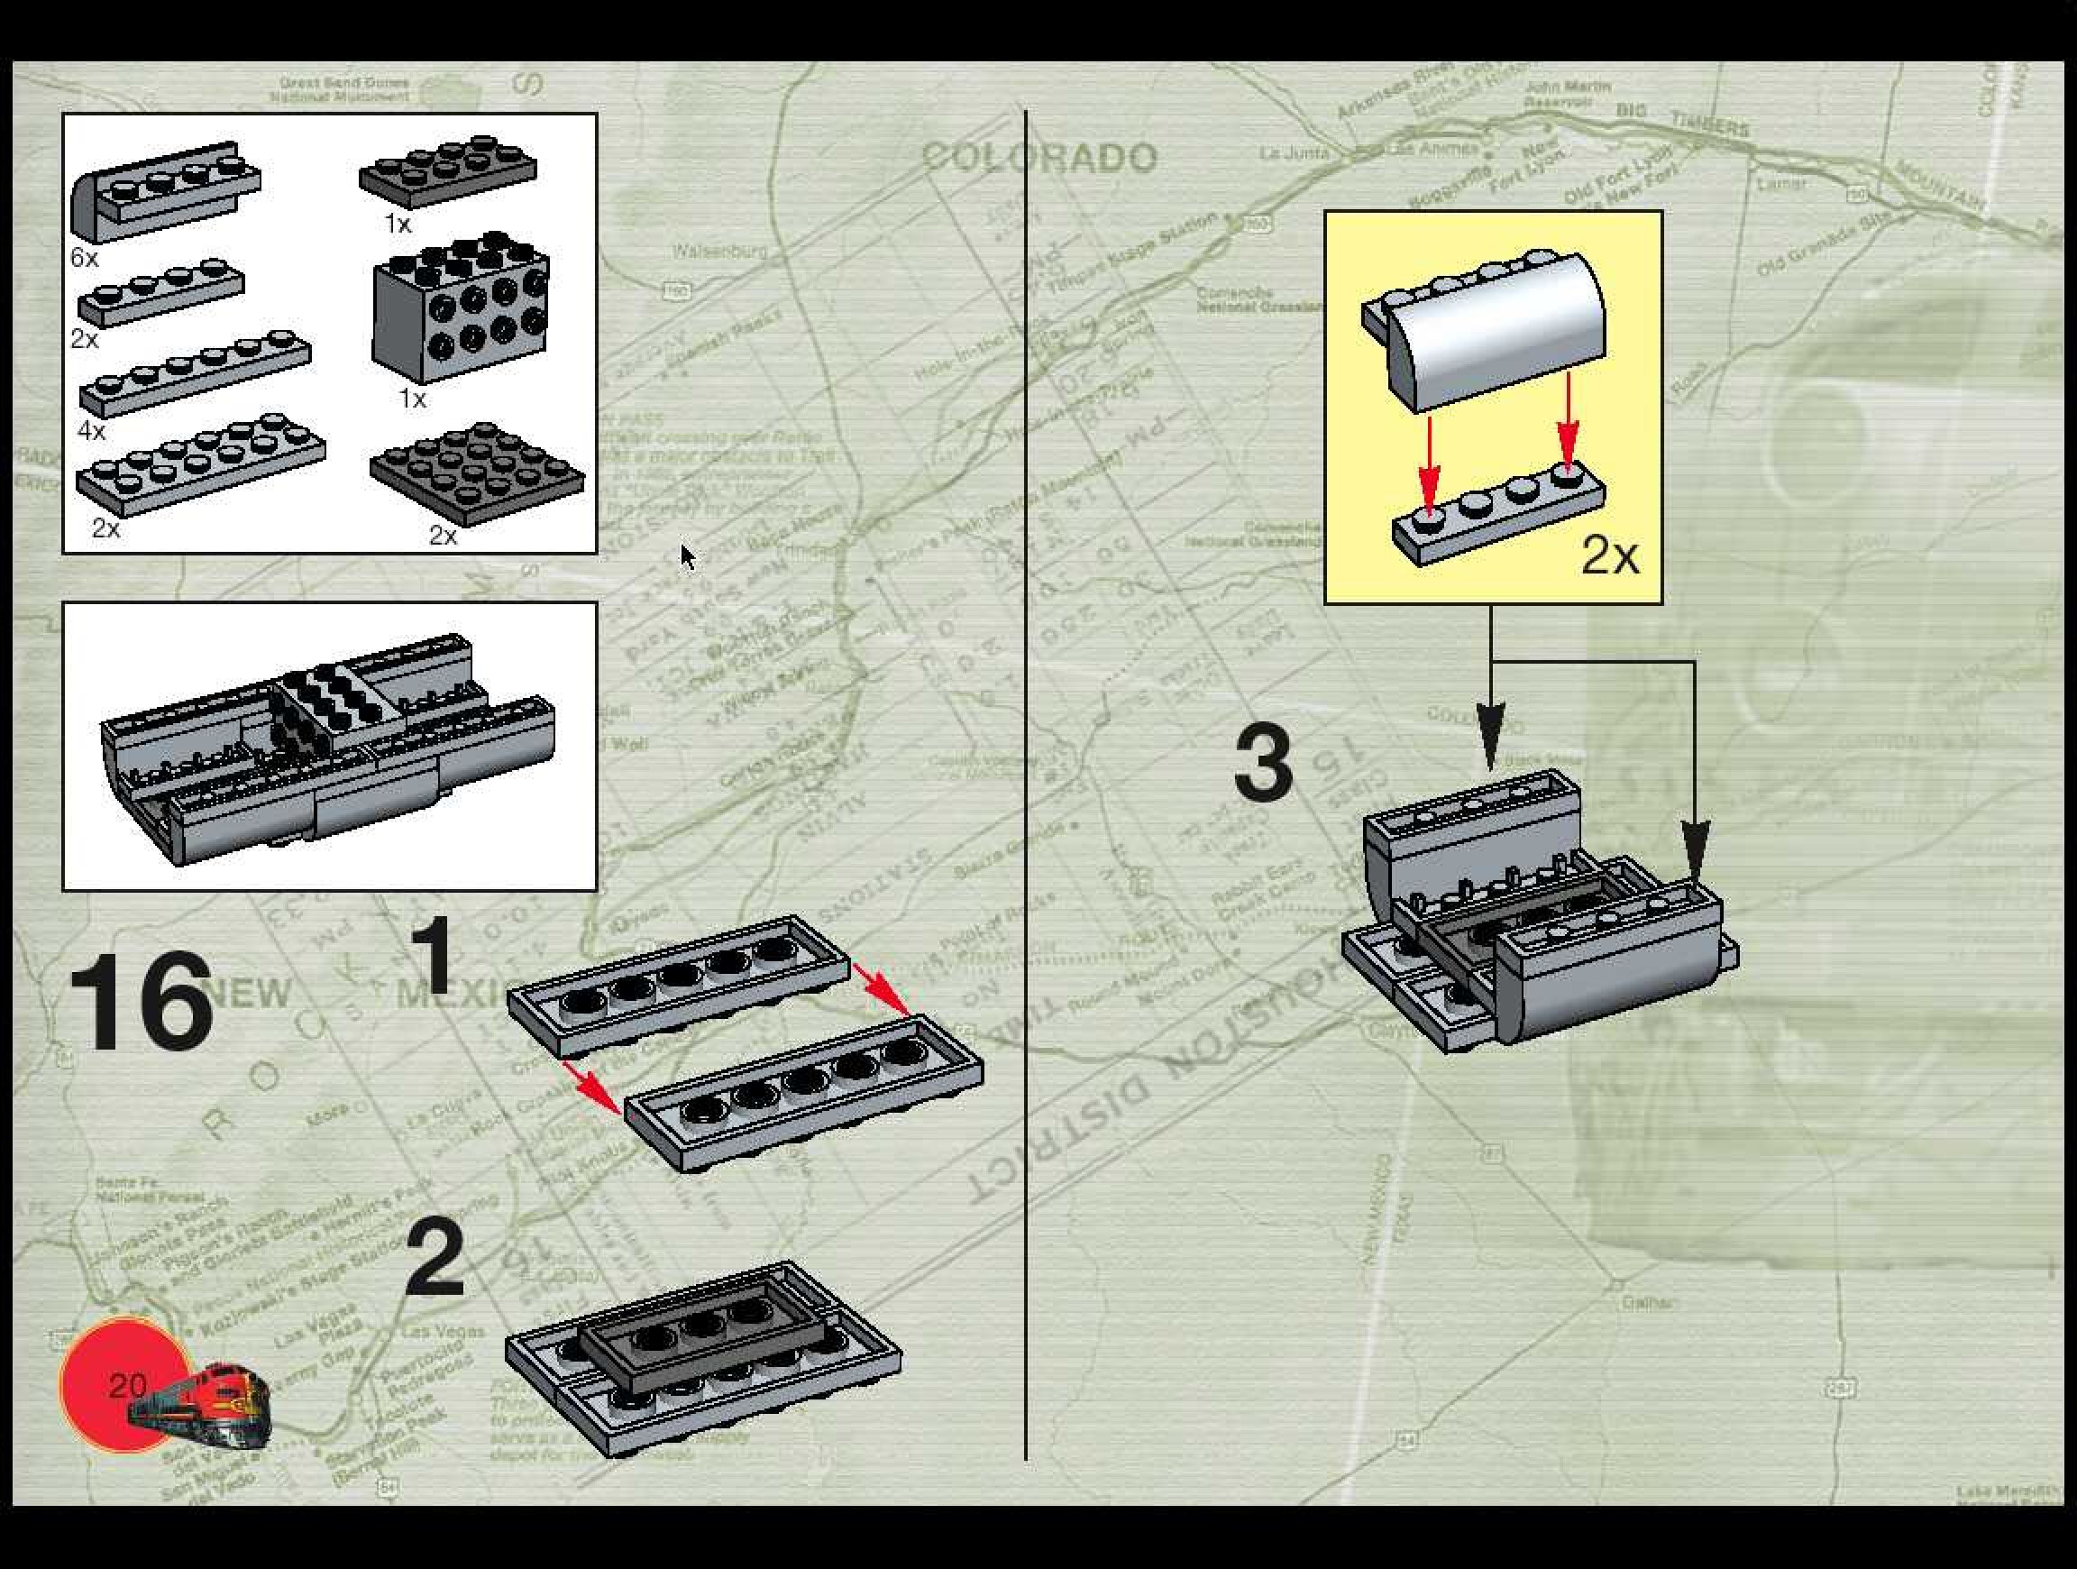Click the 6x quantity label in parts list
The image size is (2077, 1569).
click(84, 256)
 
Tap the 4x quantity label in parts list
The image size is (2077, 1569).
click(91, 431)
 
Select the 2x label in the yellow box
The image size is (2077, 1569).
click(1609, 555)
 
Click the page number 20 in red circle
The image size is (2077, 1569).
click(128, 1385)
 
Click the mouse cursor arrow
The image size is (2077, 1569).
click(687, 555)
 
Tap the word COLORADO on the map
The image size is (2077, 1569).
click(1039, 158)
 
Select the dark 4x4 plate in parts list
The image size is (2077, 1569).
click(477, 473)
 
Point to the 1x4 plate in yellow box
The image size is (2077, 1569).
click(1497, 515)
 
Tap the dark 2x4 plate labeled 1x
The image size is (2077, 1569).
click(448, 172)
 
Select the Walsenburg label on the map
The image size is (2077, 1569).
click(719, 251)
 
